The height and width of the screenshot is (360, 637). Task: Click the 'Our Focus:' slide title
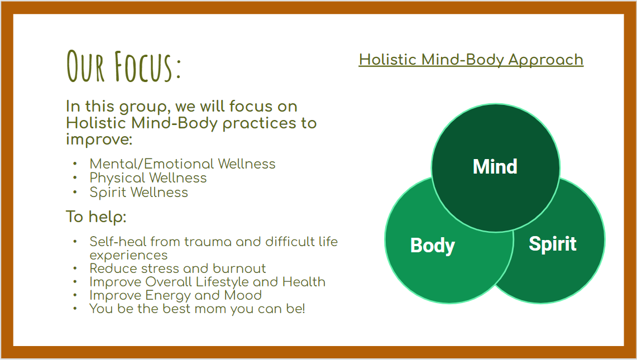123,66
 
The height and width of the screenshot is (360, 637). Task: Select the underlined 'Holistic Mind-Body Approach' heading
471,60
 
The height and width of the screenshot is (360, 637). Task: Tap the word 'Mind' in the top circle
495,166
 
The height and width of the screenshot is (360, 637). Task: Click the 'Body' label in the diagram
433,246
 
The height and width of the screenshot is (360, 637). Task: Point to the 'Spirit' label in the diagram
553,244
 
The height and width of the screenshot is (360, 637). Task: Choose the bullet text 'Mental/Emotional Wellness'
183,164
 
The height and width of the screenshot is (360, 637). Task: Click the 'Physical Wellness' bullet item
148,178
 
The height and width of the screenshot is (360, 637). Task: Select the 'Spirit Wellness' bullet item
138,192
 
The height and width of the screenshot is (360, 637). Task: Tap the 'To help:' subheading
96,217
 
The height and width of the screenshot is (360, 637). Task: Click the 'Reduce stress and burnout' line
178,268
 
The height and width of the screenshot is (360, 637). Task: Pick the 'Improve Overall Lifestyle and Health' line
207,282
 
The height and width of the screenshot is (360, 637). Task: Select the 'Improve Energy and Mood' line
175,295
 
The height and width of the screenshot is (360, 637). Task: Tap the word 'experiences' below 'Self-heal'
128,256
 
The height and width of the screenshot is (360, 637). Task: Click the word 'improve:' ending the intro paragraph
99,140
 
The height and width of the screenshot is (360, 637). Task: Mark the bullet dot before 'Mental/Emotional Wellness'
75,164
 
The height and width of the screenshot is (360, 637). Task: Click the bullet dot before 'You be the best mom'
75,309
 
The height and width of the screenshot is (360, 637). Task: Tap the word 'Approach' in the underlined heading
545,60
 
